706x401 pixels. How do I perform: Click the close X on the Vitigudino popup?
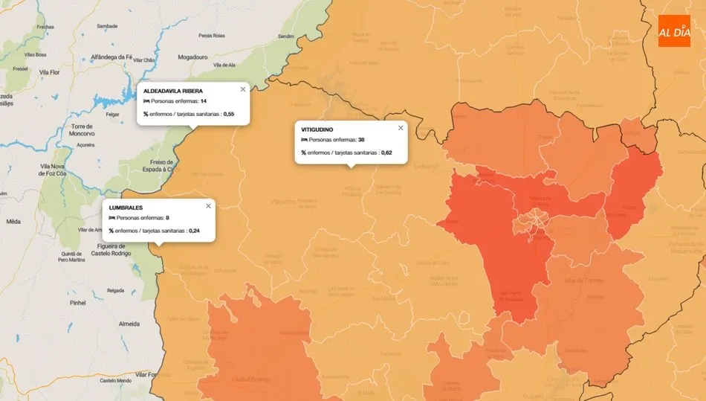point(401,128)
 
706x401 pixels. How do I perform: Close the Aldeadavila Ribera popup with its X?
point(242,89)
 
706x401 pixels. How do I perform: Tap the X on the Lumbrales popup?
point(208,206)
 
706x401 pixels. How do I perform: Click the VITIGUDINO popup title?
point(317,129)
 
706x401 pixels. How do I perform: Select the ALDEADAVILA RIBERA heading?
point(172,91)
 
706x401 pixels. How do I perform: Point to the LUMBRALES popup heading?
point(126,207)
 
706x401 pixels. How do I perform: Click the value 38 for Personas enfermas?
point(360,140)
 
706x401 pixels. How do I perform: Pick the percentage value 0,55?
point(229,114)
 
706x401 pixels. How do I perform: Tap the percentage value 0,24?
point(195,231)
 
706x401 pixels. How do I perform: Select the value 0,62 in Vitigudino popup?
point(386,153)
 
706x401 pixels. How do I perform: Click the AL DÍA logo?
point(674,31)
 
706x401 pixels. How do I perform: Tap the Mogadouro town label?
point(192,57)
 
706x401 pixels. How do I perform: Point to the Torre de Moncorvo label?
point(80,130)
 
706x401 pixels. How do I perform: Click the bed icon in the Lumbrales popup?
point(111,219)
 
